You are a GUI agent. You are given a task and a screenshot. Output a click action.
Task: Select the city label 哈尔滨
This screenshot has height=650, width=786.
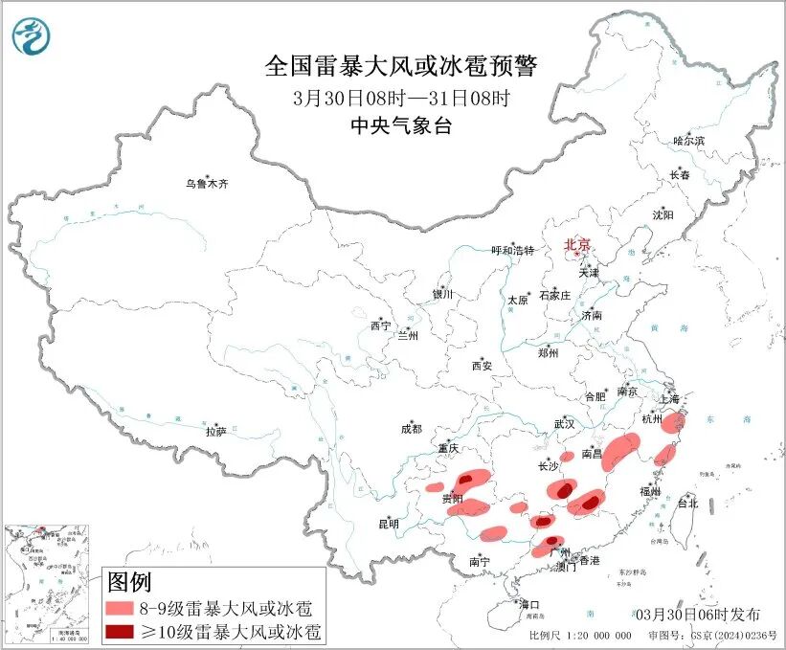point(687,141)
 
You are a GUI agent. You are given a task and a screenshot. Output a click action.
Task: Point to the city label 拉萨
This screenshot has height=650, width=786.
point(215,432)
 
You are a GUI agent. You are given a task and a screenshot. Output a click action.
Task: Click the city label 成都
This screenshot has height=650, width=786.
point(413,430)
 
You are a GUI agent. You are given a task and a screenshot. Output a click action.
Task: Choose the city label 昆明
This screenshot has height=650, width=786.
point(388,524)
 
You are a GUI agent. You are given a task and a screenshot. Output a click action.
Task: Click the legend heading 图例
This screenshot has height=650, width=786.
point(128,581)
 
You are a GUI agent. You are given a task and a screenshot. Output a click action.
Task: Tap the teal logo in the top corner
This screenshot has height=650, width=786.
point(31,35)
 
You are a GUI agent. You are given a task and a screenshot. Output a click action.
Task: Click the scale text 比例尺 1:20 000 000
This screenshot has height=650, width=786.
point(579,636)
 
